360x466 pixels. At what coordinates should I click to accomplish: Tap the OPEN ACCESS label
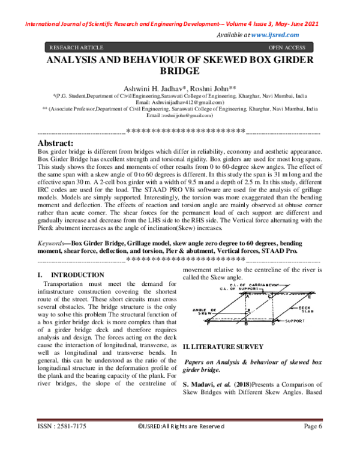coord(287,46)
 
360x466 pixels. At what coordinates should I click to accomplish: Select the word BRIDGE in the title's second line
coord(180,70)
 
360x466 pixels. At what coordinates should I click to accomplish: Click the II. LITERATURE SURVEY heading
coord(223,346)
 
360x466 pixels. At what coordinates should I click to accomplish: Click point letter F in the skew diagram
coord(208,324)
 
